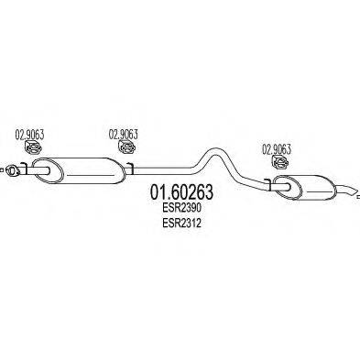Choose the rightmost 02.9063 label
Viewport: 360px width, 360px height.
278,147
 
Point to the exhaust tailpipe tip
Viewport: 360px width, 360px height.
349,191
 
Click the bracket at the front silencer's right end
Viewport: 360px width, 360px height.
130,168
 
